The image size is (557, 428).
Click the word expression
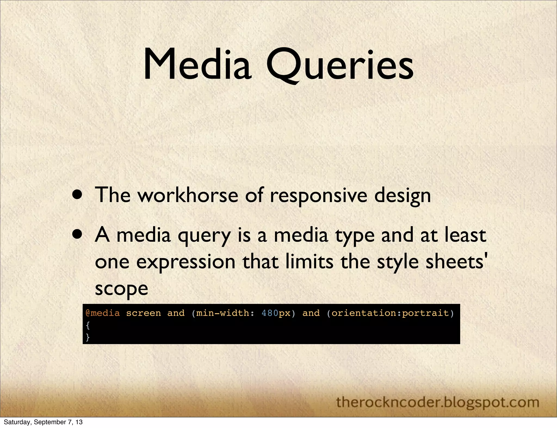click(186, 262)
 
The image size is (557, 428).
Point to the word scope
click(121, 289)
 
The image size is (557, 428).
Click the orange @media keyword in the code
click(103, 313)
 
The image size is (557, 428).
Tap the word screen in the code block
click(143, 313)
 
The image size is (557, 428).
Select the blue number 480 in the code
click(270, 313)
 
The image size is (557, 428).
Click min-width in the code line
click(223, 313)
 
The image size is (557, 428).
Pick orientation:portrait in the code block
click(390, 313)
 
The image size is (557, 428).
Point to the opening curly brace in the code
click(88, 325)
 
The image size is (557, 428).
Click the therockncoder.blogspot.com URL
click(438, 402)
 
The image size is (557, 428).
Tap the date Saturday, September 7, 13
click(43, 422)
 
